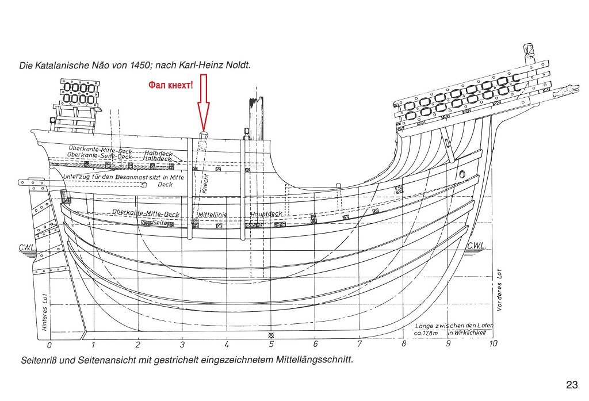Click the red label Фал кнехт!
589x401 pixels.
170,85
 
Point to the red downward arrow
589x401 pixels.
203,109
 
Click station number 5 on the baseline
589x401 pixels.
271,345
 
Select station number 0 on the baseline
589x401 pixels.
49,346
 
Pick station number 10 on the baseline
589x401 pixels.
492,344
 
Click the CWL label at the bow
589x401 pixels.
477,246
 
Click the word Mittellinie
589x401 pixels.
213,215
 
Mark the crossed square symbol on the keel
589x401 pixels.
271,335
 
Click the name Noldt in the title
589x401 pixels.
239,66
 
